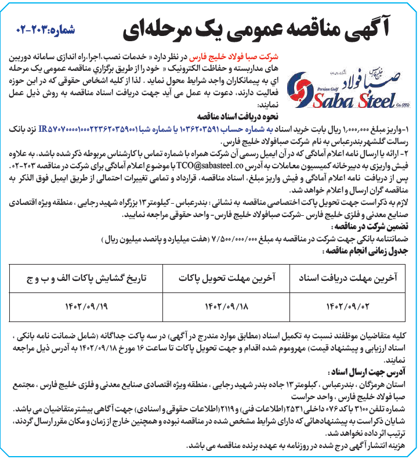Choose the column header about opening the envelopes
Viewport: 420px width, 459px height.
click(87, 279)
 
